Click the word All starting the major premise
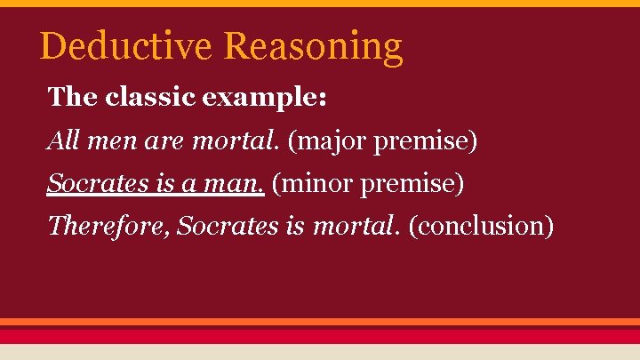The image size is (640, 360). tap(63, 140)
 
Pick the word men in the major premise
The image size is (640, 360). tap(108, 140)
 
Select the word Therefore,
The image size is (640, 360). tap(108, 226)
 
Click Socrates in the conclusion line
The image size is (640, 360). tap(228, 226)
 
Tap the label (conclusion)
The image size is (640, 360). tap(481, 227)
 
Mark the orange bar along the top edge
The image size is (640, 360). tap(320, 3)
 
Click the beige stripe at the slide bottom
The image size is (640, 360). tap(320, 352)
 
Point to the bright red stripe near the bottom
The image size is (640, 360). tap(320, 336)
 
